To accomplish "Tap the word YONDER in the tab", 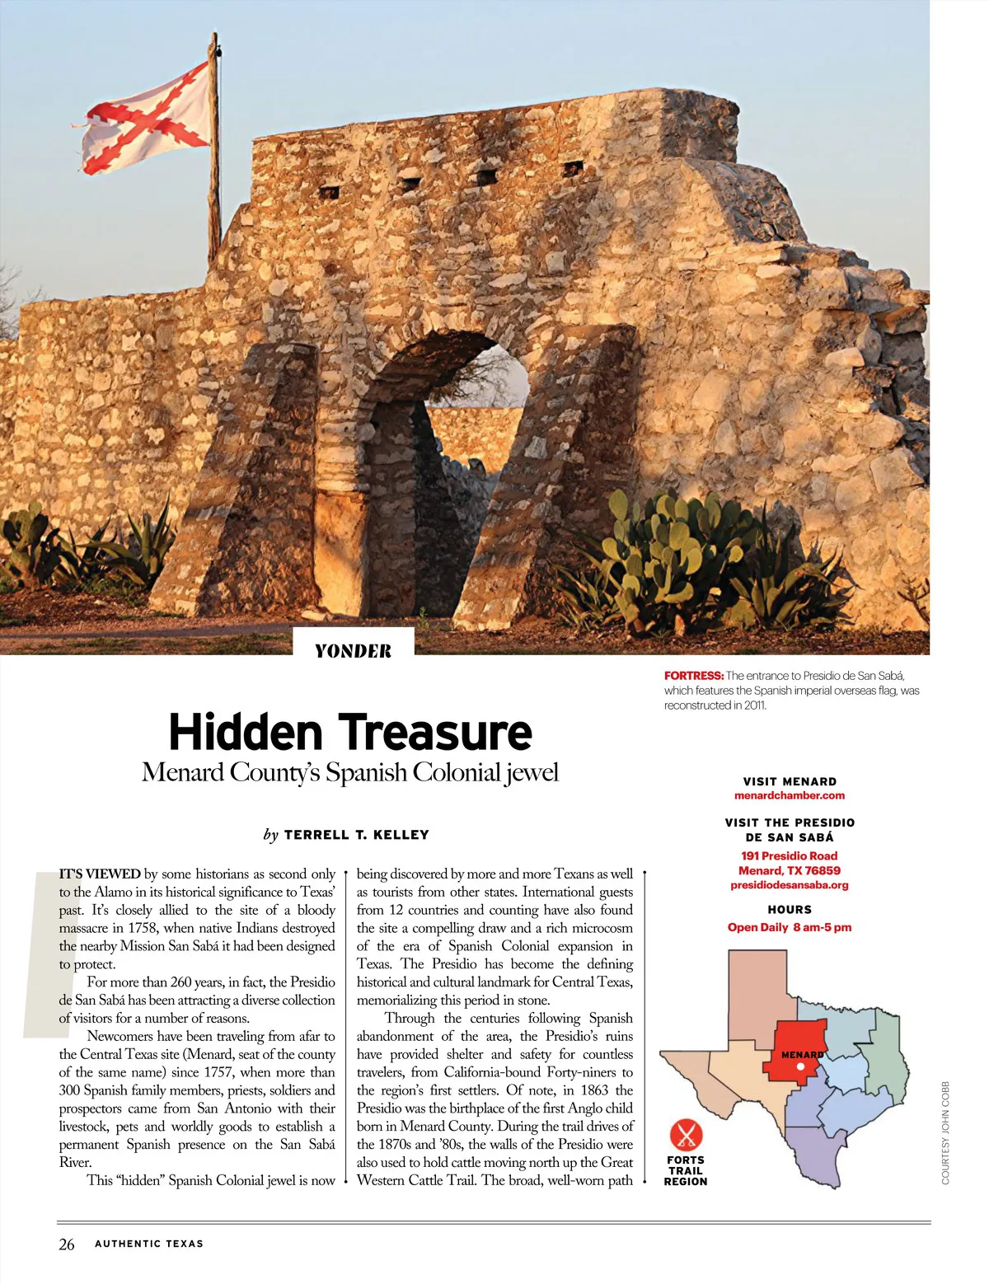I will (353, 651).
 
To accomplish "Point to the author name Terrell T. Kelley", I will (356, 835).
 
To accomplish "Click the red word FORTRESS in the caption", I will (693, 676).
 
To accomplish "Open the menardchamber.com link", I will (789, 795).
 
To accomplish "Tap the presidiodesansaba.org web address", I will (789, 885).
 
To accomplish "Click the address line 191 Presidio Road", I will (789, 855).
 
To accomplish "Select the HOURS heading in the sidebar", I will (789, 910).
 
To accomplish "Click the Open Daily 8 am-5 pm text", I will (789, 927).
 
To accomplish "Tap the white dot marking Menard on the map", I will (800, 1066).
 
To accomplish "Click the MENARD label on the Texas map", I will (801, 1055).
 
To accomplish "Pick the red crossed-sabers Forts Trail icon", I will (685, 1135).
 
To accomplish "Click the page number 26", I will (67, 1244).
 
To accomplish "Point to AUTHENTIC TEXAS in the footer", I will (149, 1244).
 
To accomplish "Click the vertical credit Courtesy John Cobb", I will (945, 1132).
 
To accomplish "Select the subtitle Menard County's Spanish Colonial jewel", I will (350, 772).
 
